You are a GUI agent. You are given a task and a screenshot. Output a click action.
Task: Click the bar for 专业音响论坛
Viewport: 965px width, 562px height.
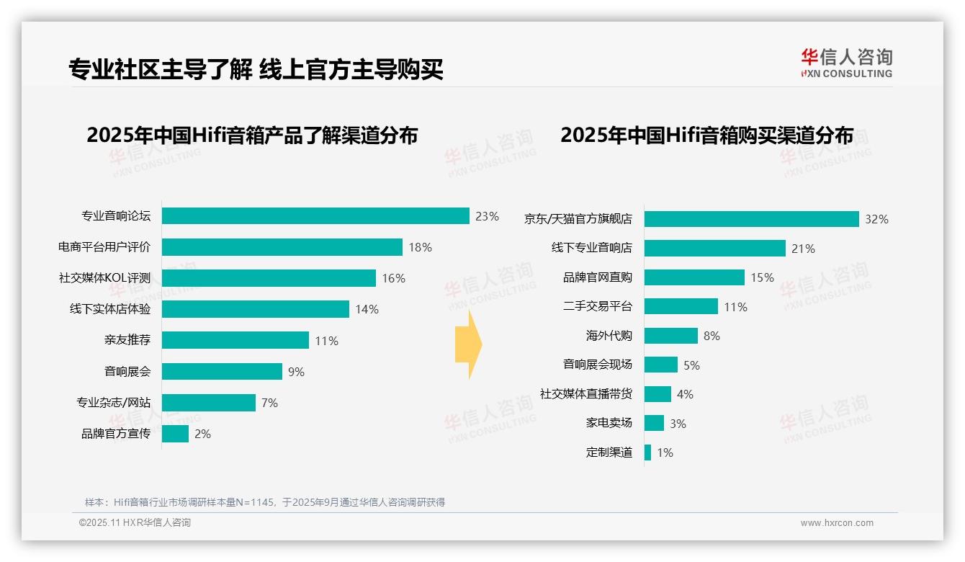click(315, 216)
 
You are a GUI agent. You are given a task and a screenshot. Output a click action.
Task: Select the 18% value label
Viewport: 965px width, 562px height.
click(420, 247)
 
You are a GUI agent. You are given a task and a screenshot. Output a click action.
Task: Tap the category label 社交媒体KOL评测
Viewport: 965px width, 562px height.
click(104, 278)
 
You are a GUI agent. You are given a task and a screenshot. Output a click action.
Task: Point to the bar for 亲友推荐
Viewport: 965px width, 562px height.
click(235, 340)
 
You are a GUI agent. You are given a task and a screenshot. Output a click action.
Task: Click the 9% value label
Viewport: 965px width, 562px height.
click(296, 372)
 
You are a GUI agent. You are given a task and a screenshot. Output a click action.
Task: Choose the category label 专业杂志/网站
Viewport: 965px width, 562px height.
click(114, 402)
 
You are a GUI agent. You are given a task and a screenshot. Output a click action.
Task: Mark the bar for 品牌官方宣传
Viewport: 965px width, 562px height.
click(175, 434)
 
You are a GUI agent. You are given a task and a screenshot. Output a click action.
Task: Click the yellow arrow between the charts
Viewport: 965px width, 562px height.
click(468, 344)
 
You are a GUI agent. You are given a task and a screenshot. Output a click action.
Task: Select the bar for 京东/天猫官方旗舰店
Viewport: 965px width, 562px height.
click(751, 219)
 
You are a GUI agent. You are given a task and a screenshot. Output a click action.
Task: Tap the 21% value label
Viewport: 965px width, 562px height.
click(803, 249)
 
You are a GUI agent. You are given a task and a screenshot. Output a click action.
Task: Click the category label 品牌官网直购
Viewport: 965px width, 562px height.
click(597, 277)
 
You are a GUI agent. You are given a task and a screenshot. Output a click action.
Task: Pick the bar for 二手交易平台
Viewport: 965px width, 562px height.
click(681, 306)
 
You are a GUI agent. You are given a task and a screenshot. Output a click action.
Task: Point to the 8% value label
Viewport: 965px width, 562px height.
click(712, 336)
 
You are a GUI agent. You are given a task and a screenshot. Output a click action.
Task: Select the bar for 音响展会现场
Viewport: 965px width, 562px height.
click(660, 365)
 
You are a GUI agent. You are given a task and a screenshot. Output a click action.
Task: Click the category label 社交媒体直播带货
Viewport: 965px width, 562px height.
click(585, 394)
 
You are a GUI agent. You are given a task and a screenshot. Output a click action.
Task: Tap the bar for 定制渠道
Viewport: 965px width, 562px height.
click(647, 452)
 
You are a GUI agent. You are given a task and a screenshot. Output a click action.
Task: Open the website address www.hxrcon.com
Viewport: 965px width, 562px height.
click(836, 523)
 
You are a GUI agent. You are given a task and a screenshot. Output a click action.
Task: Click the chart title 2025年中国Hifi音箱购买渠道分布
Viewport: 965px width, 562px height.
click(706, 135)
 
